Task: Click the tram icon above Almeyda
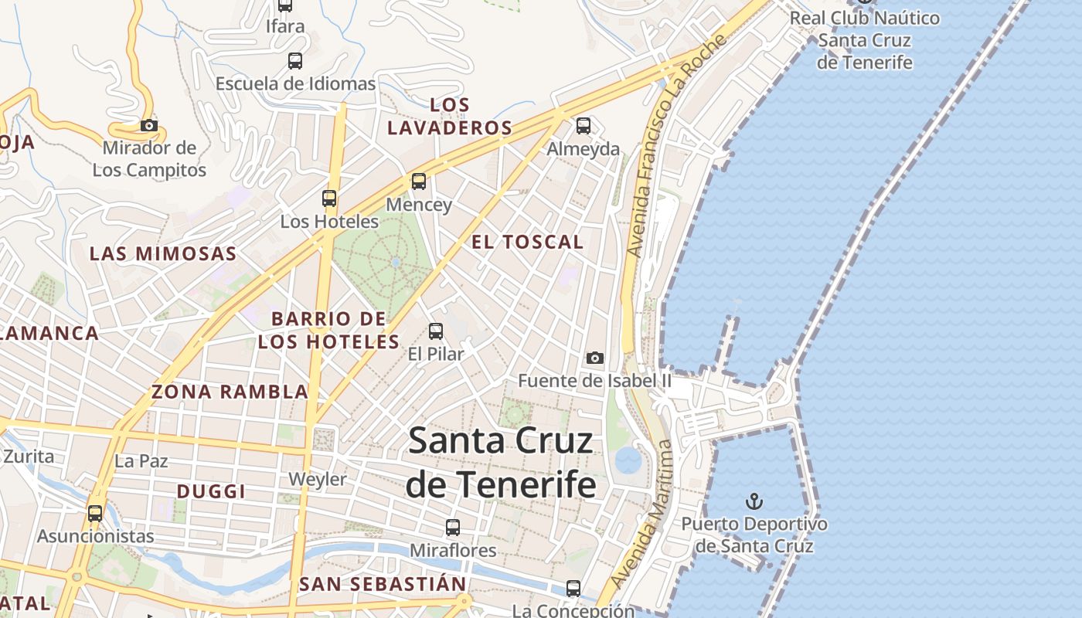tap(584, 125)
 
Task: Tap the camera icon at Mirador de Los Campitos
tap(149, 125)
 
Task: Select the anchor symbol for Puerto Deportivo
tap(754, 502)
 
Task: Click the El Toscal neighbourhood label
tap(527, 242)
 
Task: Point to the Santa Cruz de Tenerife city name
tap(501, 462)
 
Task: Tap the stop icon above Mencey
tap(418, 182)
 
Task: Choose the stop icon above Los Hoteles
tap(329, 199)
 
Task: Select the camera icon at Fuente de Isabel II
tap(594, 358)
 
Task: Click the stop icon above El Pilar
tap(436, 331)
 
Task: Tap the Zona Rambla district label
tap(230, 392)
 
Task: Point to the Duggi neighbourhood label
tap(211, 491)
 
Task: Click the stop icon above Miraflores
tap(453, 528)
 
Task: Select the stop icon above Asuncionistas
tap(95, 513)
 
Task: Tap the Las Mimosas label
tap(162, 253)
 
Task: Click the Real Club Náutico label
tap(865, 39)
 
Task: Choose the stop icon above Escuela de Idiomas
tap(295, 61)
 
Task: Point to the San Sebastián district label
tap(383, 584)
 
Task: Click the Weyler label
tap(318, 480)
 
